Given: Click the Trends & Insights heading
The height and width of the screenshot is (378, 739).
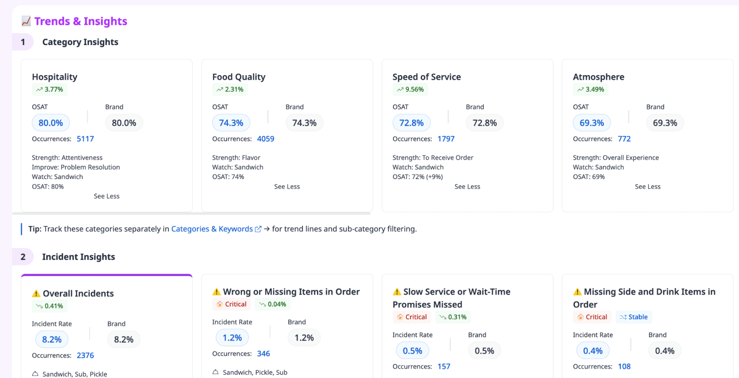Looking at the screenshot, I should pyautogui.click(x=81, y=21).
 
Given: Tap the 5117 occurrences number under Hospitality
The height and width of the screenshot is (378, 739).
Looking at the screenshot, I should pyautogui.click(x=85, y=139).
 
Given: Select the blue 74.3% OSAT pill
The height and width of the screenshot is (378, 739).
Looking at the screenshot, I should pyautogui.click(x=231, y=123).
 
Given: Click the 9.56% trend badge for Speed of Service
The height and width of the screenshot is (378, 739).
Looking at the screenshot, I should pyautogui.click(x=410, y=90).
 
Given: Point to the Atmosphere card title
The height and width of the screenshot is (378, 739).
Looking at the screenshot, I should pyautogui.click(x=598, y=77).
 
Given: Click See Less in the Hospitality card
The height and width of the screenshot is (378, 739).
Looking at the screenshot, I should pyautogui.click(x=106, y=196).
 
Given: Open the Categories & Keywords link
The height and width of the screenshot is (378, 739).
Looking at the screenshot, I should pyautogui.click(x=212, y=229).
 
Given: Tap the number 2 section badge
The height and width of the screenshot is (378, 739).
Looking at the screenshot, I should pyautogui.click(x=23, y=257).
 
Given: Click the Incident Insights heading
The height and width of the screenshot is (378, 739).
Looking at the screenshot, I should pyautogui.click(x=78, y=257).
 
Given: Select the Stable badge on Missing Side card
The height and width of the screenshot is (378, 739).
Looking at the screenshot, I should pyautogui.click(x=634, y=317).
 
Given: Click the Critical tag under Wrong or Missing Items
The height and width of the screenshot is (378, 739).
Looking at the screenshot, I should pyautogui.click(x=231, y=304).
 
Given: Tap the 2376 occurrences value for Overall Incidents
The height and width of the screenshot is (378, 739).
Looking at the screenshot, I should pyautogui.click(x=85, y=355).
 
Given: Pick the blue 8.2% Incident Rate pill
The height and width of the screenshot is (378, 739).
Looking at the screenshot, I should pyautogui.click(x=52, y=340).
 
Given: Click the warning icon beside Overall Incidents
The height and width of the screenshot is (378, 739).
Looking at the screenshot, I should pyautogui.click(x=36, y=294).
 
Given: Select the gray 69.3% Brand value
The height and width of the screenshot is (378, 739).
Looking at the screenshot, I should pyautogui.click(x=665, y=123).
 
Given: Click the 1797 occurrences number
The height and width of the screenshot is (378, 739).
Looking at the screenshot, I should pyautogui.click(x=446, y=139).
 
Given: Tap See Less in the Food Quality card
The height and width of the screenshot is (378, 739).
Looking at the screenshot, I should pyautogui.click(x=287, y=187).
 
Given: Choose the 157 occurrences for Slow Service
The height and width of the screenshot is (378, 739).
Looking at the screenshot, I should pyautogui.click(x=444, y=367).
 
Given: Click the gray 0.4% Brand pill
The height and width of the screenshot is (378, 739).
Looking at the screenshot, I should pyautogui.click(x=664, y=351).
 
